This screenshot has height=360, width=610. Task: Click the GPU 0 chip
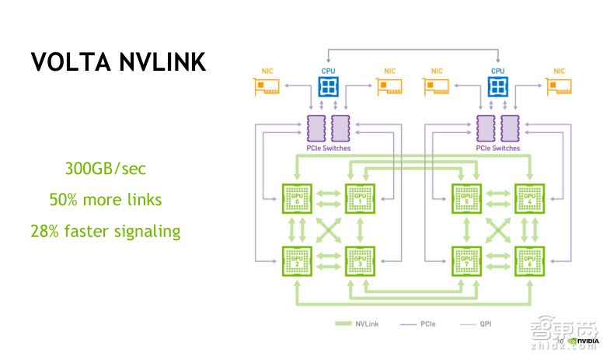(x=296, y=199)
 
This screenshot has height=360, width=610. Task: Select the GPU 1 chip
(x=360, y=199)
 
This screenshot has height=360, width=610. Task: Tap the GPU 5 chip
(x=467, y=199)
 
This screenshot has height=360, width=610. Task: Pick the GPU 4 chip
(x=531, y=199)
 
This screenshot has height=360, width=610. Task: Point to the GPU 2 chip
(x=296, y=261)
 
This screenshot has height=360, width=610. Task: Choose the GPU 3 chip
(x=360, y=261)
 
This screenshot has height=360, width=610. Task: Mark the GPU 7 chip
(x=467, y=261)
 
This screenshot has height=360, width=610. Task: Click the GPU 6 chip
(x=531, y=261)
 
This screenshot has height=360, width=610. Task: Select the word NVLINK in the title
(x=160, y=62)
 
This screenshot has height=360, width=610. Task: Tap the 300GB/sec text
(x=105, y=169)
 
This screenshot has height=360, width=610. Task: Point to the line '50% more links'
(x=105, y=200)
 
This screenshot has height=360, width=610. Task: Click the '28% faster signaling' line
(x=105, y=231)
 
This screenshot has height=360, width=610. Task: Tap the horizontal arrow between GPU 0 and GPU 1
(x=328, y=199)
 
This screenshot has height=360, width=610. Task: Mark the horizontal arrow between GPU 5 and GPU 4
(x=499, y=199)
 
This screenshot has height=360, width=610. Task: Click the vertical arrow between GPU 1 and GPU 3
(x=360, y=230)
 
